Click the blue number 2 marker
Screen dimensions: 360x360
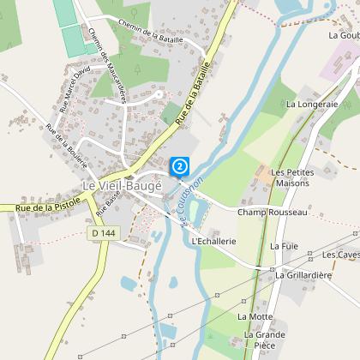[180, 165]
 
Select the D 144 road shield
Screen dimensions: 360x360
[103, 232]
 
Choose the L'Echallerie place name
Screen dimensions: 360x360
[213, 241]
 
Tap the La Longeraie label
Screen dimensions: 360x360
[313, 104]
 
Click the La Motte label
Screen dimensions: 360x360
[254, 316]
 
